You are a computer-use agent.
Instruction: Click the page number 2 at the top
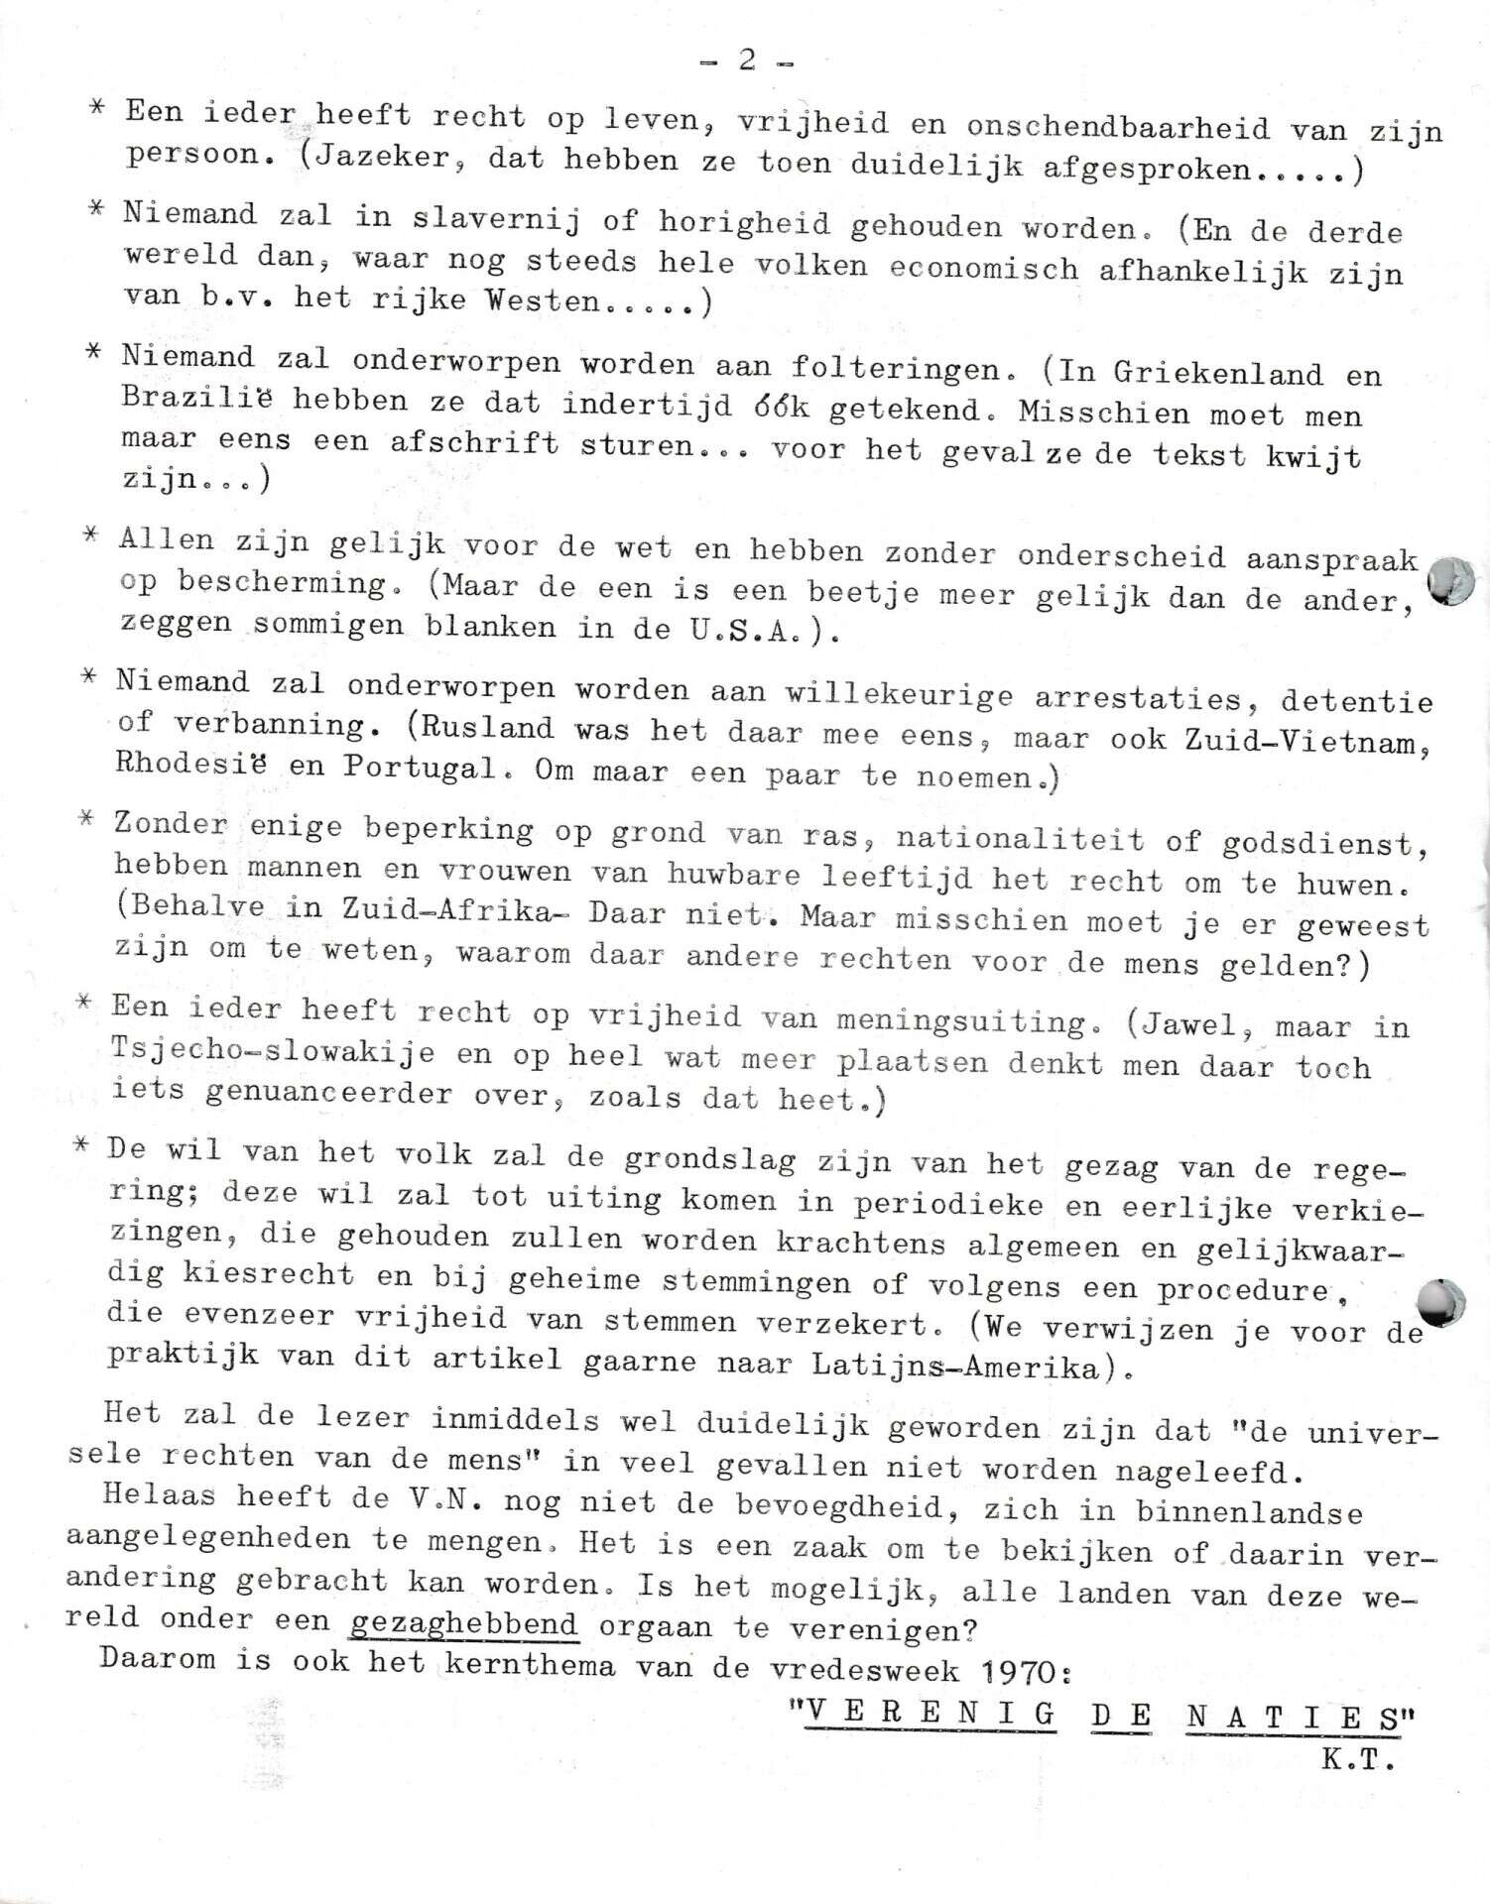click(746, 60)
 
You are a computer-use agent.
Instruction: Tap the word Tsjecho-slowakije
click(273, 1052)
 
